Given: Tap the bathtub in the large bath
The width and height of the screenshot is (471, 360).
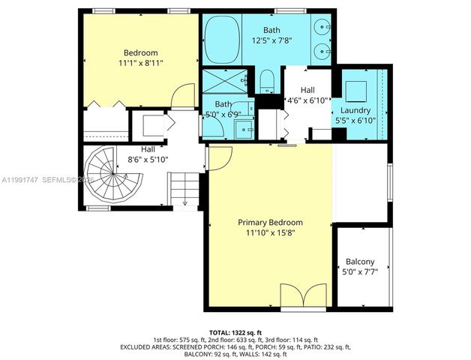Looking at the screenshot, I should click(220, 42).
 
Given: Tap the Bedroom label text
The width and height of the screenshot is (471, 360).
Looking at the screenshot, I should click(140, 52).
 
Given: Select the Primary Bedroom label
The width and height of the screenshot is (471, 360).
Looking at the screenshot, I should click(270, 223).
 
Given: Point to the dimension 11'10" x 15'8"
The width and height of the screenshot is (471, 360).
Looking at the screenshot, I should click(270, 234).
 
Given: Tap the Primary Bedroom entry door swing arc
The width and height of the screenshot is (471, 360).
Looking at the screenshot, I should click(220, 156).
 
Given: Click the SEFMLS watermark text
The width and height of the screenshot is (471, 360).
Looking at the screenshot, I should click(64, 180).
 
